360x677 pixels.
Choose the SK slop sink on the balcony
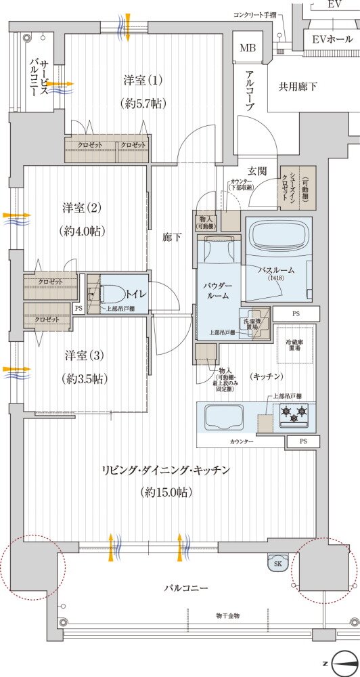[x=277, y=563]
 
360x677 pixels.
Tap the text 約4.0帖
[x=81, y=230]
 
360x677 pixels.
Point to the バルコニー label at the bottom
[x=185, y=588]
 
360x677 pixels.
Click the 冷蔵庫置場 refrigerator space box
[x=293, y=344]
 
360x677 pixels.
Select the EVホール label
[x=332, y=39]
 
